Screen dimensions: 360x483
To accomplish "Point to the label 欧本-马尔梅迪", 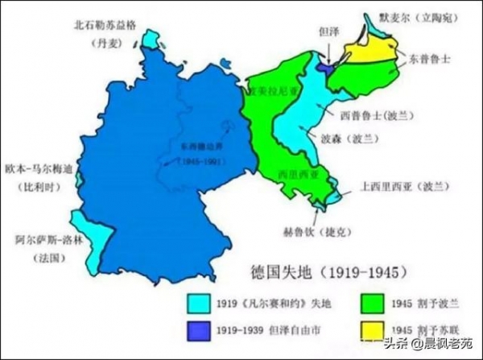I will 39,169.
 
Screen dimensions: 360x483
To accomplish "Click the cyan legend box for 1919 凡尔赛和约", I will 197,304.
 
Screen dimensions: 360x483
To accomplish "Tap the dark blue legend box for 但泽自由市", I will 197,331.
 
